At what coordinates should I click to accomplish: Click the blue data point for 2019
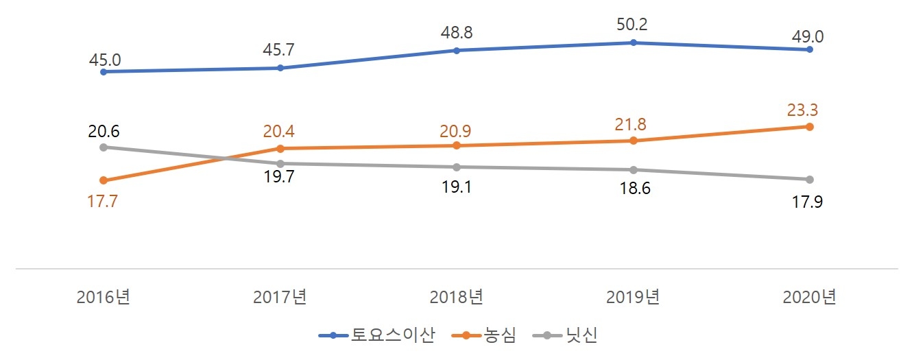pos(633,43)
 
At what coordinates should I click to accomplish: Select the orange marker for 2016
pos(104,180)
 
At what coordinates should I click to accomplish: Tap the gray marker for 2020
pos(810,180)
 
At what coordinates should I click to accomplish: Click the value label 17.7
pos(104,203)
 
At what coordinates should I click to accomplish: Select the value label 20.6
pos(104,131)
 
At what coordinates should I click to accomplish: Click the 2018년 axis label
pos(457,298)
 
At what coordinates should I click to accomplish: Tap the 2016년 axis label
pos(104,298)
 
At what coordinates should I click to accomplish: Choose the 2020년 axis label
pos(810,298)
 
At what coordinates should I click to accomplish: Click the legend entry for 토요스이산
pos(377,335)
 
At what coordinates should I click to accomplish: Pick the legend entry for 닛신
pos(568,335)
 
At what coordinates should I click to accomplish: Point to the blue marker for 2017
pos(280,68)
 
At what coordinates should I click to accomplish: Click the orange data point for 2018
pos(457,145)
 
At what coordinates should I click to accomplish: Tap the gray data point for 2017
pos(280,163)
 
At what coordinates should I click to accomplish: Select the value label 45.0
pos(104,60)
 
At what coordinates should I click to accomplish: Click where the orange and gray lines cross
pos(225,158)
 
